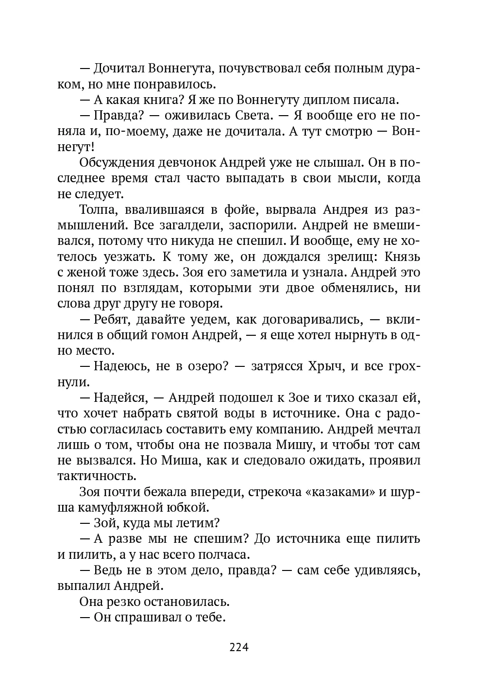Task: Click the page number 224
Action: click(x=238, y=648)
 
